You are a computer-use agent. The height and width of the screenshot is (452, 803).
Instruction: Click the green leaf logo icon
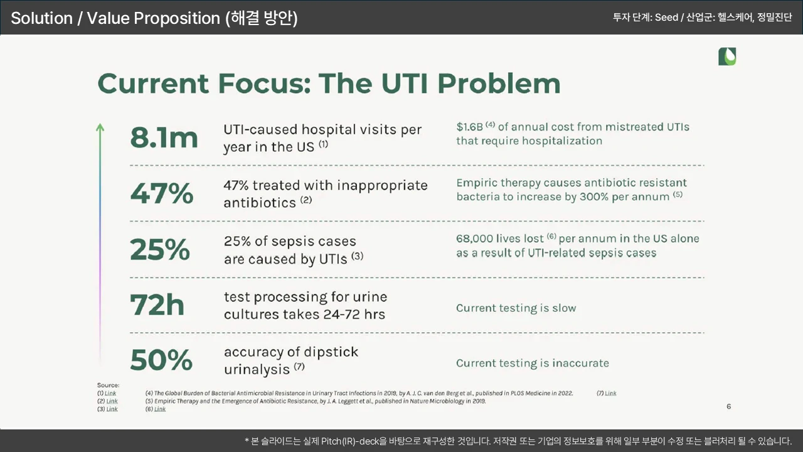[x=727, y=56]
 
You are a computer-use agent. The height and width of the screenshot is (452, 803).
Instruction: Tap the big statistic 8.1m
[x=164, y=137]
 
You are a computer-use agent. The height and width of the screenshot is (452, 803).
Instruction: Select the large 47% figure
[x=162, y=193]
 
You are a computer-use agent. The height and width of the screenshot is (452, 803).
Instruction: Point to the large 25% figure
[x=160, y=249]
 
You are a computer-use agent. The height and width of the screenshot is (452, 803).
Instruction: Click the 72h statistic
[x=157, y=304]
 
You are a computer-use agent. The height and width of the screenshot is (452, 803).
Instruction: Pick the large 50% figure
[x=161, y=360]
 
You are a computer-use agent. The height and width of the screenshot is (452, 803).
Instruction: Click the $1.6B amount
[x=470, y=127]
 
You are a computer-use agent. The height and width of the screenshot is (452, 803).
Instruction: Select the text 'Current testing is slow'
[x=516, y=308]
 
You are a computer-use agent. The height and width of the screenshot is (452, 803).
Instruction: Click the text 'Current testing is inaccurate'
[x=533, y=363]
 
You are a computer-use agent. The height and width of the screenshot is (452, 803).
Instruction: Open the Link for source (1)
[x=110, y=393]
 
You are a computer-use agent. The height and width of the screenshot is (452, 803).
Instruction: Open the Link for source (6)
[x=160, y=409]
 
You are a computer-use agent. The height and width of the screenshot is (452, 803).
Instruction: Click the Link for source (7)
[x=610, y=393]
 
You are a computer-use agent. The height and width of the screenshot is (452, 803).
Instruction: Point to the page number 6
[x=729, y=406]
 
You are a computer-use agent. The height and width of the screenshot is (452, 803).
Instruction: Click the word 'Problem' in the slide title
[x=499, y=83]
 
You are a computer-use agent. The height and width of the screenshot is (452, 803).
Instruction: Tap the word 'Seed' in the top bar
[x=666, y=18]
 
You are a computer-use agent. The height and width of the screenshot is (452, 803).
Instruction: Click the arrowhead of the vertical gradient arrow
[x=100, y=127]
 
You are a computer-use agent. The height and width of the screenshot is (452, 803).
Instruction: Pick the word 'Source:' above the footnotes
[x=109, y=385]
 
